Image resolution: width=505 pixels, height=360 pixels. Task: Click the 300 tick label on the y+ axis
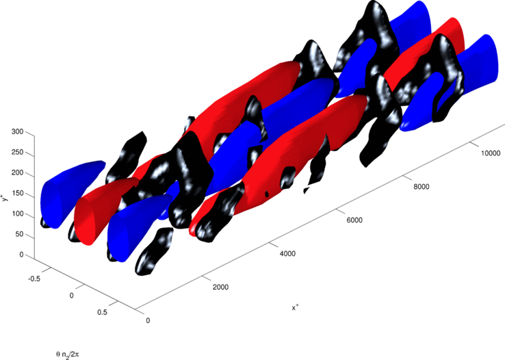pyautogui.click(x=18, y=131)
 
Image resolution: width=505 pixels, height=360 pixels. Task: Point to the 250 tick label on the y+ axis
pyautogui.click(x=18, y=152)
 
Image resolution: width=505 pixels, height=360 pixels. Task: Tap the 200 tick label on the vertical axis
pyautogui.click(x=18, y=172)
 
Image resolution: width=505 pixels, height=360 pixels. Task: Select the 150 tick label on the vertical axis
pyautogui.click(x=18, y=193)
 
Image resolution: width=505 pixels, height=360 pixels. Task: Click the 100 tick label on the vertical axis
pyautogui.click(x=18, y=214)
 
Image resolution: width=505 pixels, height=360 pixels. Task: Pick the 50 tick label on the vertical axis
pyautogui.click(x=20, y=234)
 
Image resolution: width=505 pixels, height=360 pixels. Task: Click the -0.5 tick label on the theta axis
pyautogui.click(x=34, y=279)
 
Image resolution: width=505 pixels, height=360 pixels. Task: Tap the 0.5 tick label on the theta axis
pyautogui.click(x=102, y=312)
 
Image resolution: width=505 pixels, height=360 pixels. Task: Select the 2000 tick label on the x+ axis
pyautogui.click(x=220, y=287)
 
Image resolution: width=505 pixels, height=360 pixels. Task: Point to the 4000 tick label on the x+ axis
pyautogui.click(x=287, y=253)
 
